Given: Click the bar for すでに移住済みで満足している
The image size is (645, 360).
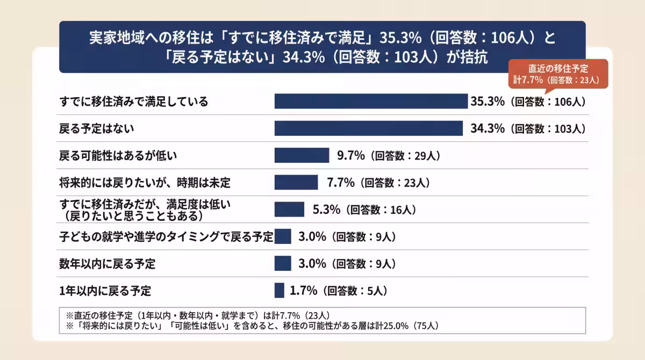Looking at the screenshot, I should pos(371,101).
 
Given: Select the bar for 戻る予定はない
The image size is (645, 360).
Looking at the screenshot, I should pos(369,128).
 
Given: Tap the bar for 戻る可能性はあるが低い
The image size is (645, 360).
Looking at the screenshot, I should pos(302,155).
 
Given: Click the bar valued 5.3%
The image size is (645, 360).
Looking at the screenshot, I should pos(289,209).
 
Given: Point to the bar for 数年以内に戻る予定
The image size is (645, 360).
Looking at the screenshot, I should pos(283,263).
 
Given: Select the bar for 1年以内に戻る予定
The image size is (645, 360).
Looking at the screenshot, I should pos(279,290).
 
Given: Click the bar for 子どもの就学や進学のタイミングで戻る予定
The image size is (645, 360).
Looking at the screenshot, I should pos(283,236).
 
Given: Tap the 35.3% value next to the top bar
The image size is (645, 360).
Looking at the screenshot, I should pos(488,101).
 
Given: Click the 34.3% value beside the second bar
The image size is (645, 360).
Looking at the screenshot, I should pos(485,128).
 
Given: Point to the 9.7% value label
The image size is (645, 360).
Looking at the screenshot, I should pos(351,155).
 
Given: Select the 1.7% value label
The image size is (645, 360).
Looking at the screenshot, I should pos(304,291).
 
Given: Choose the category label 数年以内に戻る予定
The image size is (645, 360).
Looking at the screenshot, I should pos(107,263).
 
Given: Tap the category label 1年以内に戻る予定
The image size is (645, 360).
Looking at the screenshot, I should pos(105,291).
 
